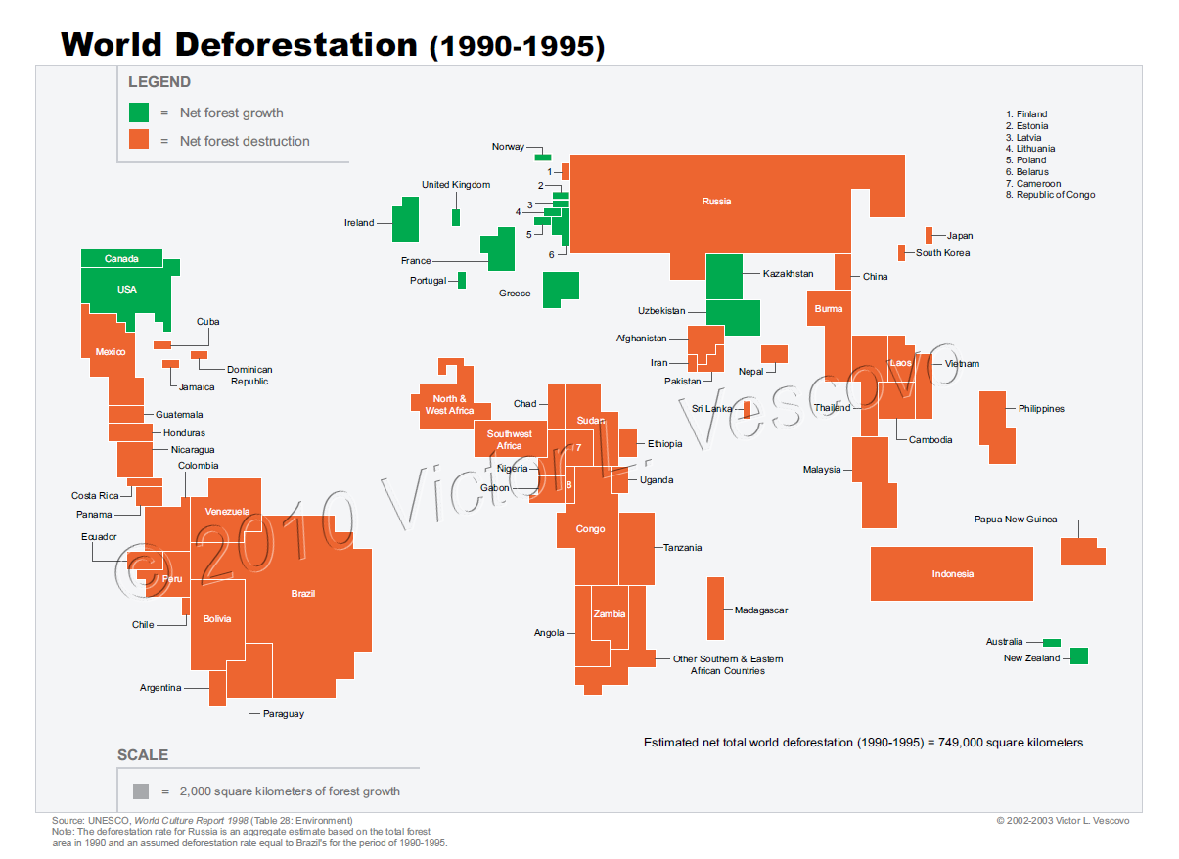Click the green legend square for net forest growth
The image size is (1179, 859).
click(139, 113)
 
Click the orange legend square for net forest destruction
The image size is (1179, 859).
click(139, 140)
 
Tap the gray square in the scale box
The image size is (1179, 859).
click(141, 791)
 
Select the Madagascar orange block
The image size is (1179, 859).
click(715, 608)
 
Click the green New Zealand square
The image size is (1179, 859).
click(1078, 656)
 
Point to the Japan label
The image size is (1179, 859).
click(959, 236)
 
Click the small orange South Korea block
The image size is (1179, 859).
click(901, 252)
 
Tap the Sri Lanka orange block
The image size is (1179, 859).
click(747, 409)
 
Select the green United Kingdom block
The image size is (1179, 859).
click(456, 217)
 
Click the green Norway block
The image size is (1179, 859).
click(542, 157)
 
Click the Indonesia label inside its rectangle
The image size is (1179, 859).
click(952, 574)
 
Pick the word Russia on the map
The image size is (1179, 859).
click(716, 202)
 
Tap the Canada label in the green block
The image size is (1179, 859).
click(120, 259)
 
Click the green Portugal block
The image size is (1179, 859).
click(462, 280)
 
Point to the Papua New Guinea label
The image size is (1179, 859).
click(1015, 520)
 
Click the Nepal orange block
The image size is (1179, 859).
click(774, 354)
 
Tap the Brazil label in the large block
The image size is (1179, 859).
click(302, 594)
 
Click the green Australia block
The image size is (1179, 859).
click(1051, 642)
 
